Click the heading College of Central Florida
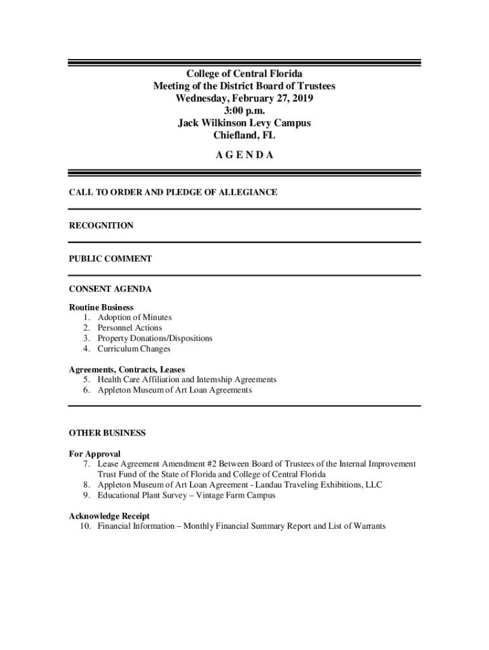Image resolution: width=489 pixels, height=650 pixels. coord(244,74)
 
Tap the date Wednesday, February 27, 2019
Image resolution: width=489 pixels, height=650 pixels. coord(244,98)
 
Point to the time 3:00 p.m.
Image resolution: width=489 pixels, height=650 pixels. coord(244,110)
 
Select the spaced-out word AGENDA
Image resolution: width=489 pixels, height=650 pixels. coord(244,155)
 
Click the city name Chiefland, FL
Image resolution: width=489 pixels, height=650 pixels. coord(244,135)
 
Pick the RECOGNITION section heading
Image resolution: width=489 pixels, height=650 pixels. coord(101,225)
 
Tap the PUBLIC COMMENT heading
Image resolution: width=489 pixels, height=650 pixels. coord(110,258)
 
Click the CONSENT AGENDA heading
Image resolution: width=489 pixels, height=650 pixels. coord(110,289)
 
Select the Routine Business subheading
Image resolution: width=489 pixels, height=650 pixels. coord(101,307)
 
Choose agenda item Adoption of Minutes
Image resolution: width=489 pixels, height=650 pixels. coord(134,317)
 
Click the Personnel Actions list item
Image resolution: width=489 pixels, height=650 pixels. coord(130,328)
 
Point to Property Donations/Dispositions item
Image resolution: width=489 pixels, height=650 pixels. coord(154,338)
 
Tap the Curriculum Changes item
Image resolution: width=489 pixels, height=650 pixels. coord(133,348)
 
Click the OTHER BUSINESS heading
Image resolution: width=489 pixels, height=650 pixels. coord(107,433)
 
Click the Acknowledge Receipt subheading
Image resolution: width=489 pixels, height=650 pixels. coord(109,516)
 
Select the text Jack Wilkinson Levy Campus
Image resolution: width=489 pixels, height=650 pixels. coord(244,123)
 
